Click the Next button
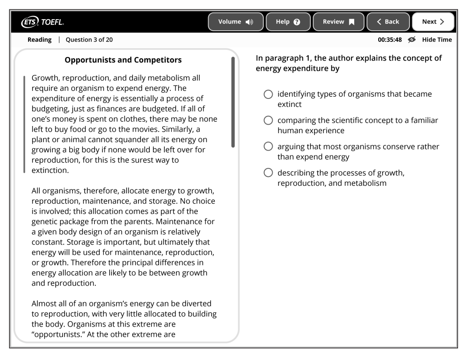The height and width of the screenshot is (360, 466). click(433, 21)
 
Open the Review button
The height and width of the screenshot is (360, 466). click(339, 21)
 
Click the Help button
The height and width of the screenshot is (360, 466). click(289, 21)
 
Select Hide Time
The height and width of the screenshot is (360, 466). click(437, 40)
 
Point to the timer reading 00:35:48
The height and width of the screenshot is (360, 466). click(390, 40)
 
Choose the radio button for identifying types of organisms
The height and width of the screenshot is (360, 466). click(268, 94)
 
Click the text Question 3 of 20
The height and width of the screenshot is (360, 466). click(89, 40)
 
